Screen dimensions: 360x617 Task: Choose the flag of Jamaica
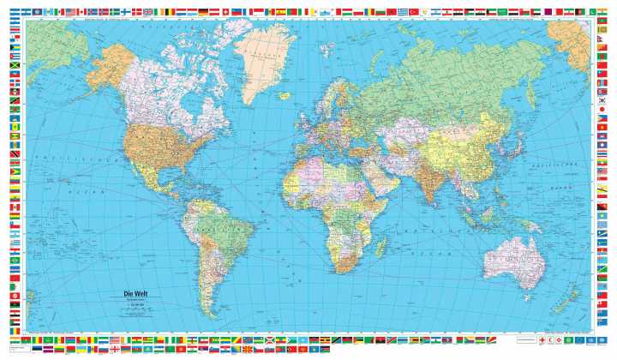[15, 66]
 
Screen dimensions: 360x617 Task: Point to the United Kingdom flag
[148, 12]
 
